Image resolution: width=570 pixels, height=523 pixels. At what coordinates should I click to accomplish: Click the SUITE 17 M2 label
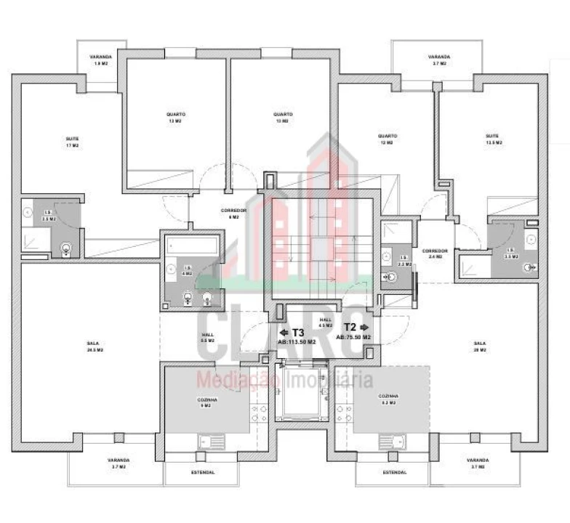[72, 142]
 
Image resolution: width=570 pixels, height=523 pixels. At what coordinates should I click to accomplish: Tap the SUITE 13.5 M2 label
[494, 139]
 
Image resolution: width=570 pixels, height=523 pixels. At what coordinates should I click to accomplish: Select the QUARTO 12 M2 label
[388, 139]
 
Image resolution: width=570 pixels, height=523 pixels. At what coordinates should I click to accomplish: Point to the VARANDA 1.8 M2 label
[100, 60]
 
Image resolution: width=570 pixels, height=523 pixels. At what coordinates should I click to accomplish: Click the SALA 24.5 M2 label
[93, 346]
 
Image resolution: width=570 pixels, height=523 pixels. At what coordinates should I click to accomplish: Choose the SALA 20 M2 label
[480, 346]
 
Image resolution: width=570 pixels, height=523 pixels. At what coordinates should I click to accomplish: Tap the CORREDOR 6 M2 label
[234, 213]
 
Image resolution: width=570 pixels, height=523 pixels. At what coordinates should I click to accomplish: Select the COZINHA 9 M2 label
[207, 402]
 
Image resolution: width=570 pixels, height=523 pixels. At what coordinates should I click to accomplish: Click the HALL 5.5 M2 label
[208, 337]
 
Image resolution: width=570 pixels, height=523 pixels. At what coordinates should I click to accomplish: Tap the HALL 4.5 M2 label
[325, 322]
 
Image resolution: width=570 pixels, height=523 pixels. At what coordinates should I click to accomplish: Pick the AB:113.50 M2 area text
[297, 341]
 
